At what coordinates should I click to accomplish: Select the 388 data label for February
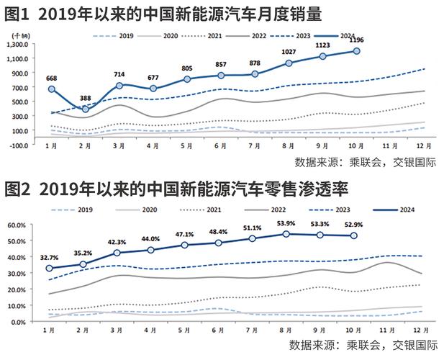point(85,98)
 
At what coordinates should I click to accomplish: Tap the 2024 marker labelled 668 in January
point(51,89)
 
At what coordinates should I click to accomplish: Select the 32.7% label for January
point(50,257)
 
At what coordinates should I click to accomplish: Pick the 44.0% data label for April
point(150,238)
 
